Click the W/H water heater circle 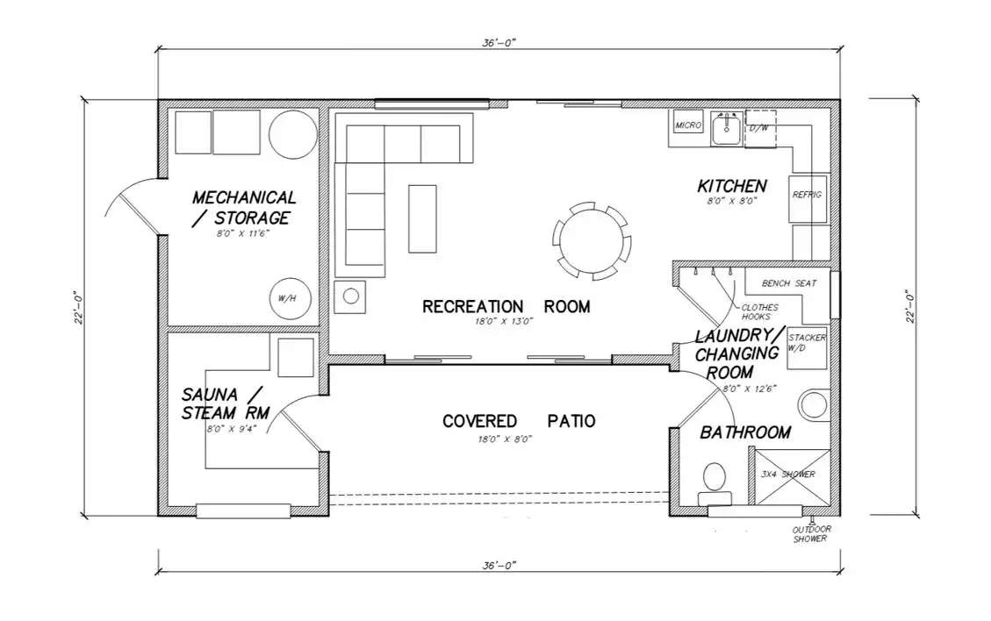coord(290,298)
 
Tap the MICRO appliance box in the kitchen coord(687,125)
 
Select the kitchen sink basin coord(726,130)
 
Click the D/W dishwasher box coord(760,129)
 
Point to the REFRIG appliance coord(808,198)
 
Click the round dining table coord(592,240)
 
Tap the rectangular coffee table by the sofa coord(422,218)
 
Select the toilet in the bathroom coord(715,484)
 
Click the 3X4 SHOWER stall coord(793,477)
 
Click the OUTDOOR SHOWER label coord(811,534)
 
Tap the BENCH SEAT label coord(789,283)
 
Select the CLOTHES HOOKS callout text coord(759,312)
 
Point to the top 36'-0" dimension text coord(499,43)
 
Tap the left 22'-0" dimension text coord(78,307)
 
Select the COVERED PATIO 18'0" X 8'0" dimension coord(505,439)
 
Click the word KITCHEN coord(732,186)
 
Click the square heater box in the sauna coord(296,358)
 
